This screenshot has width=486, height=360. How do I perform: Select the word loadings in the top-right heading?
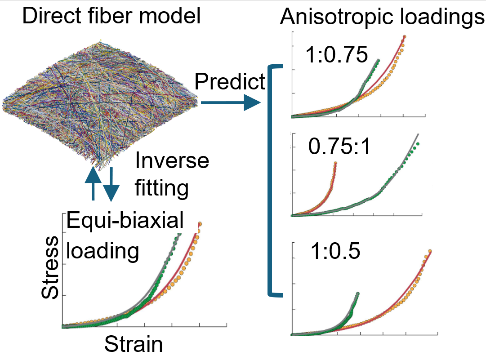[x=442, y=18]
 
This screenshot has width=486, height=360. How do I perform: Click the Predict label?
[x=230, y=81]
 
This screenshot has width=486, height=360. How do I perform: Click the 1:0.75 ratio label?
[x=337, y=55]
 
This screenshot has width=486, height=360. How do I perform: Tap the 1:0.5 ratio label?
[x=335, y=252]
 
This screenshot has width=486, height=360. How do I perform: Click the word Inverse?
[x=172, y=160]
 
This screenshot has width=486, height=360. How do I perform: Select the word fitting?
[x=161, y=188]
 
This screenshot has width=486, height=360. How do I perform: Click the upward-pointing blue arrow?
[x=92, y=182]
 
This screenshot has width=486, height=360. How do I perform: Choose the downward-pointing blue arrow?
[x=111, y=184]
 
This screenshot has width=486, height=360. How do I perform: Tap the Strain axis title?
[x=134, y=345]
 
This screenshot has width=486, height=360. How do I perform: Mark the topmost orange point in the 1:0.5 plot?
[x=430, y=251]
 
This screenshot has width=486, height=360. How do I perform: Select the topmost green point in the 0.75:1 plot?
[x=418, y=144]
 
